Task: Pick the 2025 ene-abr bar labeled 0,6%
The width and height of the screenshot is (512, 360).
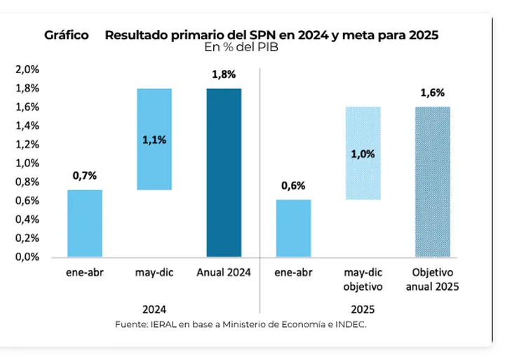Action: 294,228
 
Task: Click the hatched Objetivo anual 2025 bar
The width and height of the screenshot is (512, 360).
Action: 432,182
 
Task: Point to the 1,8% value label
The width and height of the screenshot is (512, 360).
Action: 224,74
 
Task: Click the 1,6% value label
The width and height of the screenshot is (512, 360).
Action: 432,93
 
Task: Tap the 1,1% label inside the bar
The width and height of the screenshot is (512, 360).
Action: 154,140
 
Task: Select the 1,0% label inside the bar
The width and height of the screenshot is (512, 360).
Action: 363,154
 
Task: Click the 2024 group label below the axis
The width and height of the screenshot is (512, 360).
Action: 154,309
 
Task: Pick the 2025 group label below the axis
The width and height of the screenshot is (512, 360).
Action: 363,309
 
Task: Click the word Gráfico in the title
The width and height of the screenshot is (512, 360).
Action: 66,35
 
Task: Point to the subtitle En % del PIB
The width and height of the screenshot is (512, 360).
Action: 242,48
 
